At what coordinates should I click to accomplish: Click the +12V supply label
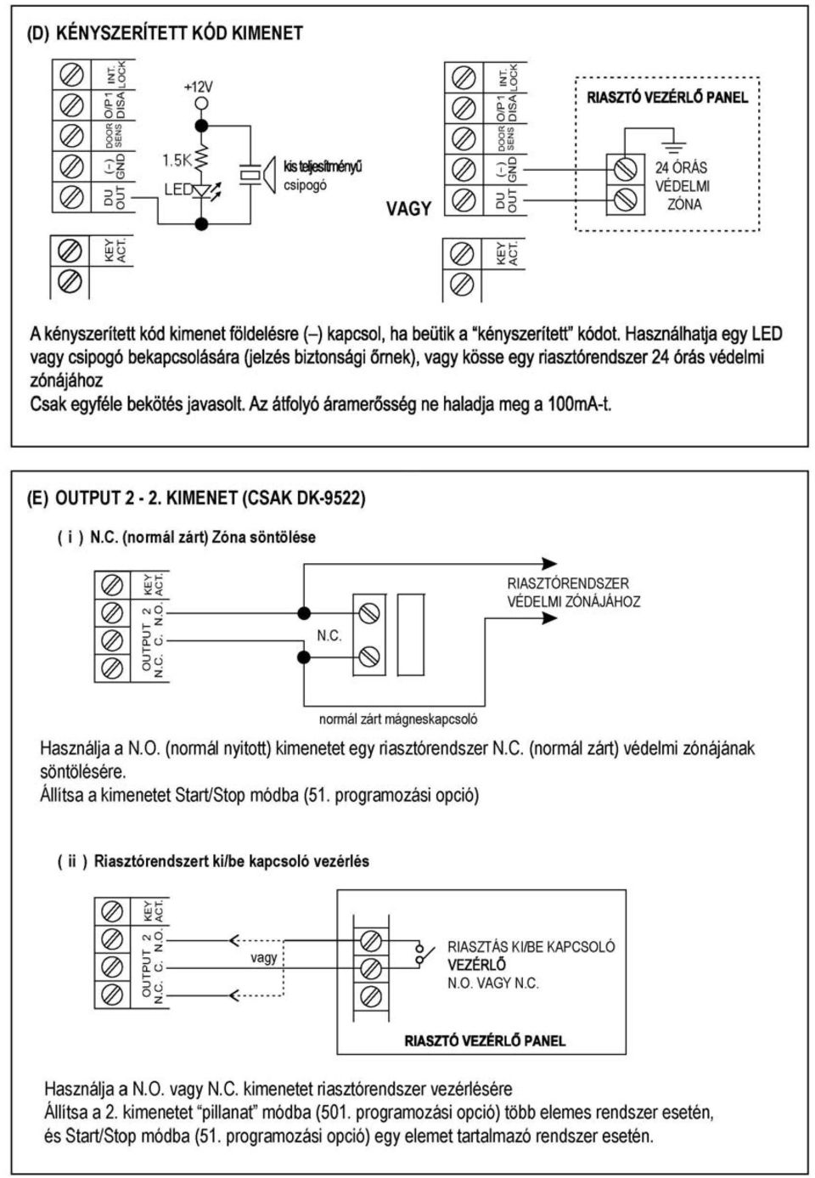click(198, 87)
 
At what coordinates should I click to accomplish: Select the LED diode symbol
click(202, 190)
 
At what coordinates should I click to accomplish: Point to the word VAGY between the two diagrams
click(408, 209)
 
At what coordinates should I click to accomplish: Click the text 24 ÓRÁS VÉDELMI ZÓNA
click(682, 186)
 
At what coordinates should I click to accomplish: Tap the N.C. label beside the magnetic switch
click(329, 636)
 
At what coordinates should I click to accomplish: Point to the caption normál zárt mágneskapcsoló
click(398, 719)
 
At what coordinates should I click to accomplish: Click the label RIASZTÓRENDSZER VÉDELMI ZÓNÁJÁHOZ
click(574, 592)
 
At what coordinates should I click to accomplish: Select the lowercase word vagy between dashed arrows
click(263, 958)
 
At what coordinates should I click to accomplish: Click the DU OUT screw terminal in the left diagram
click(72, 197)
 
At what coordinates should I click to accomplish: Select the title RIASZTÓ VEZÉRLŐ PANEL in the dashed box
click(667, 98)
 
